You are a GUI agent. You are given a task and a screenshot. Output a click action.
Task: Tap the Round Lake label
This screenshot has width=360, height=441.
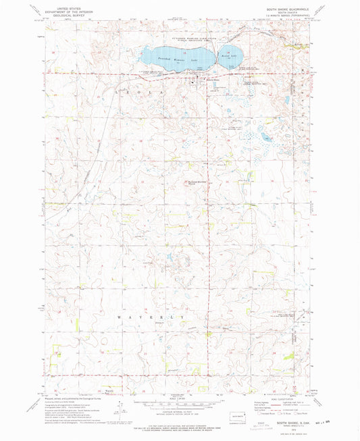(x=228, y=57)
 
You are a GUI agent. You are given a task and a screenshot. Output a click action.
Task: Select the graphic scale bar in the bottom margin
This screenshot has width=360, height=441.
(x=180, y=400)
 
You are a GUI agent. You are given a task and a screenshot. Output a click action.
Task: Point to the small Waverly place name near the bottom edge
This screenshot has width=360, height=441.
(x=109, y=389)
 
